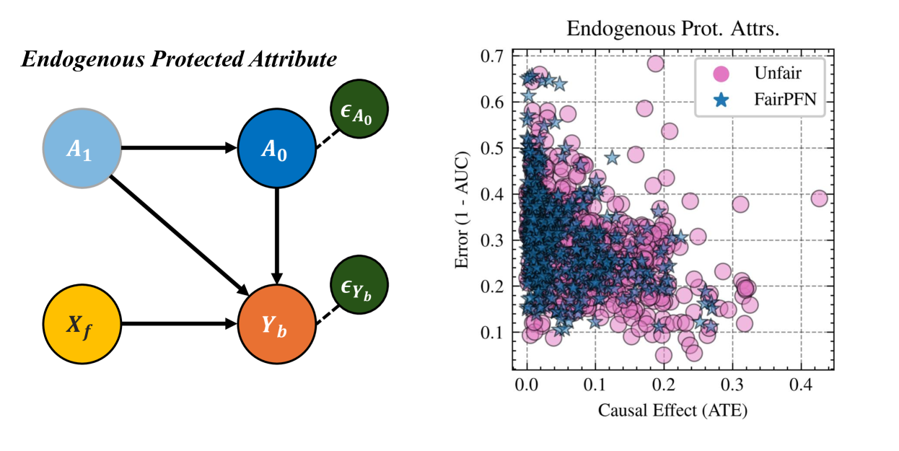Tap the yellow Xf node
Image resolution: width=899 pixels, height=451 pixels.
click(x=82, y=324)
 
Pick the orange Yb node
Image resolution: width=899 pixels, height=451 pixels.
click(x=277, y=324)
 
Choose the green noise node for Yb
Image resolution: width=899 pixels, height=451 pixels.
click(x=359, y=284)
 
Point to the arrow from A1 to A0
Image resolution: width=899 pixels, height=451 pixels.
click(x=179, y=149)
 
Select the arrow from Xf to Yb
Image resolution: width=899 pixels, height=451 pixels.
click(x=179, y=324)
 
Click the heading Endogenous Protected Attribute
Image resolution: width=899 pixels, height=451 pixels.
click(x=179, y=60)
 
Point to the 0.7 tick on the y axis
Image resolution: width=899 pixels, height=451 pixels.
click(x=497, y=56)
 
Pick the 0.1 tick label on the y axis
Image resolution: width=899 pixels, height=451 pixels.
click(x=497, y=333)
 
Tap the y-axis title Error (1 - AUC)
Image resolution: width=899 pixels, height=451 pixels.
click(x=463, y=210)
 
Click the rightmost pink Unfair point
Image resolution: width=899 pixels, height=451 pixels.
click(x=819, y=198)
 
